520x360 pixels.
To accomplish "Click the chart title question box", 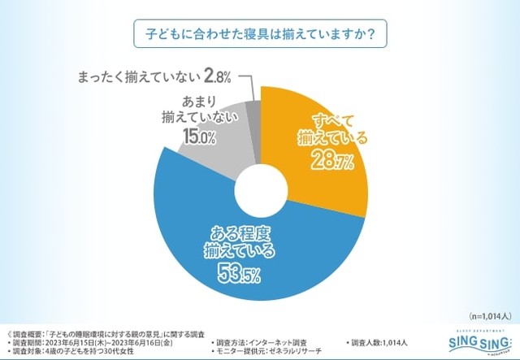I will tap(259, 37).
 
